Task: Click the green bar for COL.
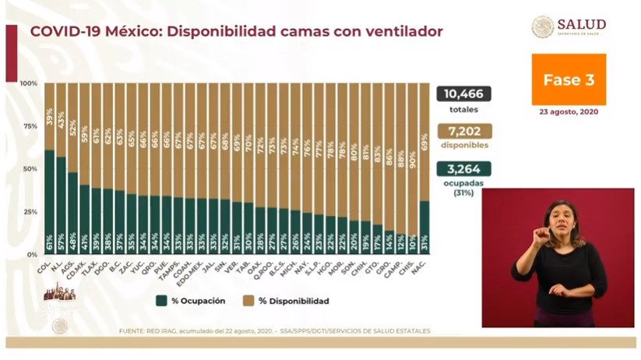coord(49,201)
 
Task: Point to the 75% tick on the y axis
coord(29,126)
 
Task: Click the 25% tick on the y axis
coord(29,212)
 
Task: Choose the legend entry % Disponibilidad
coord(291,301)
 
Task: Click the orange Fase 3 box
coord(568,79)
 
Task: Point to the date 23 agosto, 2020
coord(568,111)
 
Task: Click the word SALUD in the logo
coord(581,24)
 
